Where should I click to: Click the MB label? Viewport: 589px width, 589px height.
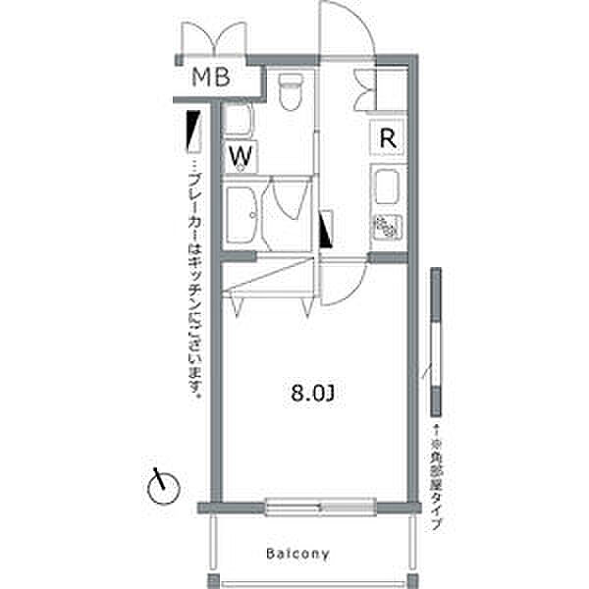[x=210, y=78]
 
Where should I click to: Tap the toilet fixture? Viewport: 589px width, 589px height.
[x=289, y=93]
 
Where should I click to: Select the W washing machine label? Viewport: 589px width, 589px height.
[x=242, y=155]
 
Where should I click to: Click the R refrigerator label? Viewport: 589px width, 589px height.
[x=388, y=138]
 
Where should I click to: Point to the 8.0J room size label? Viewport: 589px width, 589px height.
[x=312, y=397]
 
